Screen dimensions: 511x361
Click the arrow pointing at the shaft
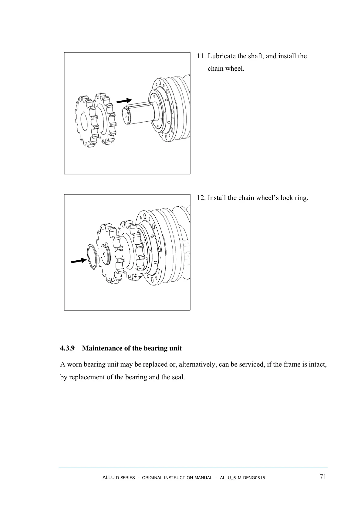pyautogui.click(x=124, y=100)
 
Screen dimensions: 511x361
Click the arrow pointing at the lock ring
pyautogui.click(x=78, y=261)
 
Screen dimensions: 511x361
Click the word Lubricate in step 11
pyautogui.click(x=221, y=56)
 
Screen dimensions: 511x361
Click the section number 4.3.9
pyautogui.click(x=67, y=348)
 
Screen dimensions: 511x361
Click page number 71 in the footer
pyautogui.click(x=323, y=477)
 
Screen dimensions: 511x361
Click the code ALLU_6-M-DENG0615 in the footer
pyautogui.click(x=242, y=478)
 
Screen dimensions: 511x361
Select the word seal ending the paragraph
pyautogui.click(x=178, y=377)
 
